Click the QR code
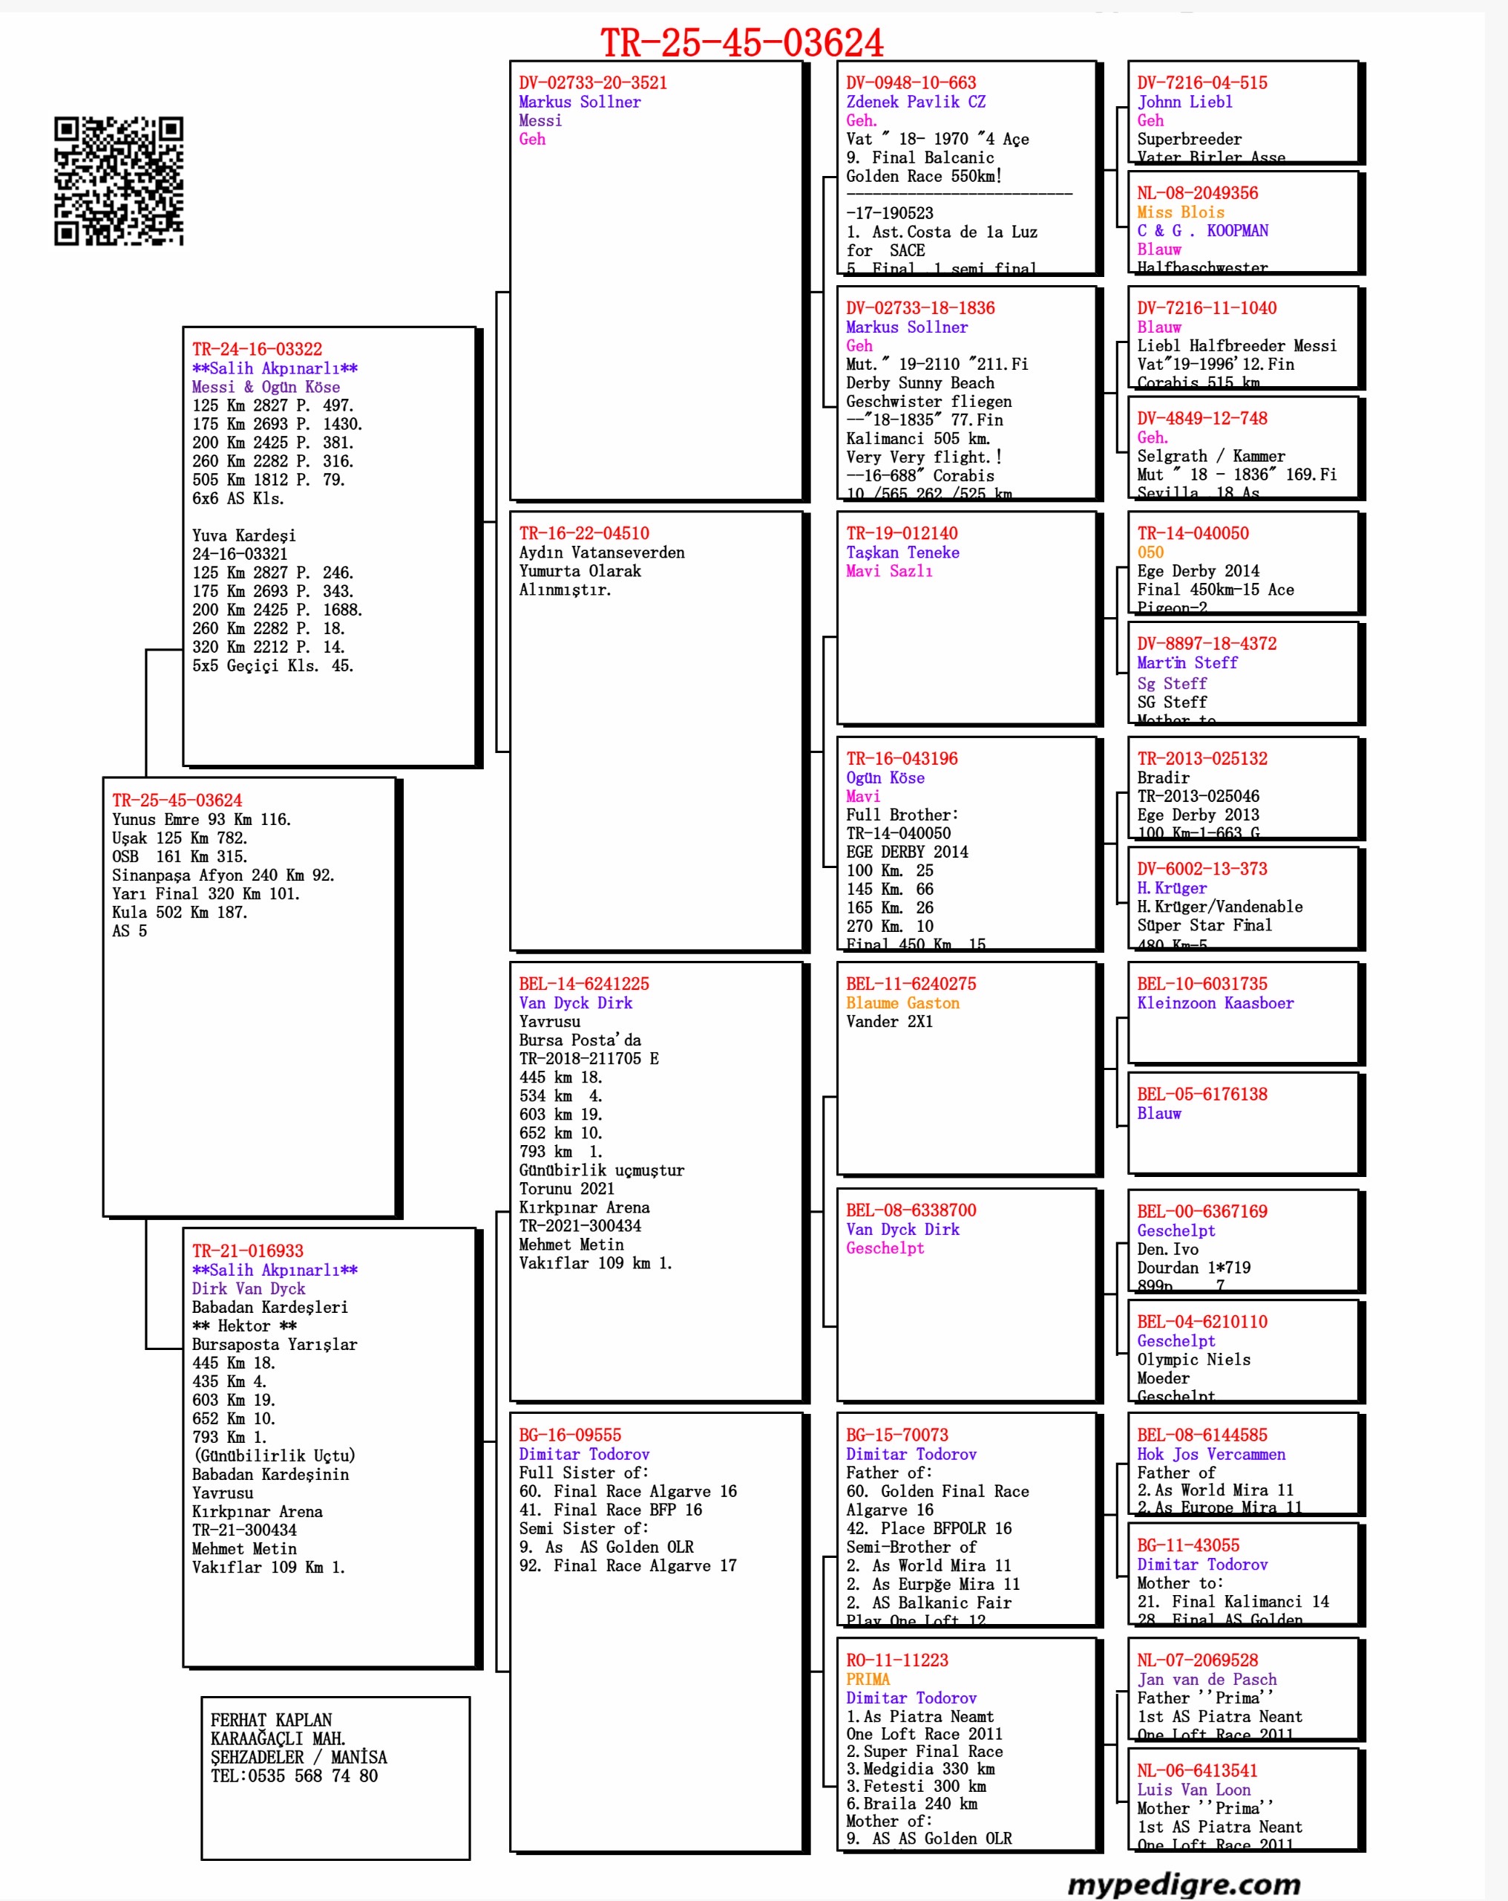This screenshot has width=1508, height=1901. tap(118, 180)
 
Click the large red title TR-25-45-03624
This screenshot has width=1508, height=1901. tap(741, 42)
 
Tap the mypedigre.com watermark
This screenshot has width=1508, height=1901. tap(1183, 1883)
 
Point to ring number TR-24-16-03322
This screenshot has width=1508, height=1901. tap(257, 349)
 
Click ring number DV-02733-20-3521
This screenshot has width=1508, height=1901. tap(592, 83)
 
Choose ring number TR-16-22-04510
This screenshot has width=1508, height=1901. tap(583, 533)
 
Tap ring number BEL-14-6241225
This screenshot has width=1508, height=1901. tap(583, 984)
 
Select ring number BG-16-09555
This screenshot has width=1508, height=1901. tap(569, 1435)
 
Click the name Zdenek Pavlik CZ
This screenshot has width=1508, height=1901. tap(915, 102)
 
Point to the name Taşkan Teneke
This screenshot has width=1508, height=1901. tap(902, 552)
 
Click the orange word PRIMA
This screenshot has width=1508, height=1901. tap(868, 1679)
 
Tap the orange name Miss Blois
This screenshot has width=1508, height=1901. tap(1179, 212)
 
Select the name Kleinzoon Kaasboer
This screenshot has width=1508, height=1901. tap(1215, 1003)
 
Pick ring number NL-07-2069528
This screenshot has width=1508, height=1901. tap(1197, 1660)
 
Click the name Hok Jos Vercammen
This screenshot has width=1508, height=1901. tap(1210, 1454)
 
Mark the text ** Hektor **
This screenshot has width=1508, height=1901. tap(244, 1326)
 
